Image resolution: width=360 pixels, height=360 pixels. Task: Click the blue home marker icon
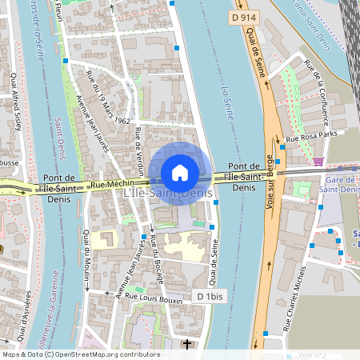(x=180, y=173)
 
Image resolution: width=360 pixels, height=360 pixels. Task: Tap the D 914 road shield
(x=245, y=17)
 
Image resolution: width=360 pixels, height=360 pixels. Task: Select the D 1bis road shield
(x=210, y=296)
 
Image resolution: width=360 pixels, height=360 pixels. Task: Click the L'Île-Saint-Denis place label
(x=168, y=194)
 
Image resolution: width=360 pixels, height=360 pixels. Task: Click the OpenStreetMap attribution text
(x=81, y=354)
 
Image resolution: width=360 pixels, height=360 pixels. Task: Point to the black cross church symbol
(x=188, y=345)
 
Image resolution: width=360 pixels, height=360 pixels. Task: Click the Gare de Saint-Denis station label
(x=337, y=186)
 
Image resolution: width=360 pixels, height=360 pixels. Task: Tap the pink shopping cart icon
(x=318, y=162)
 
